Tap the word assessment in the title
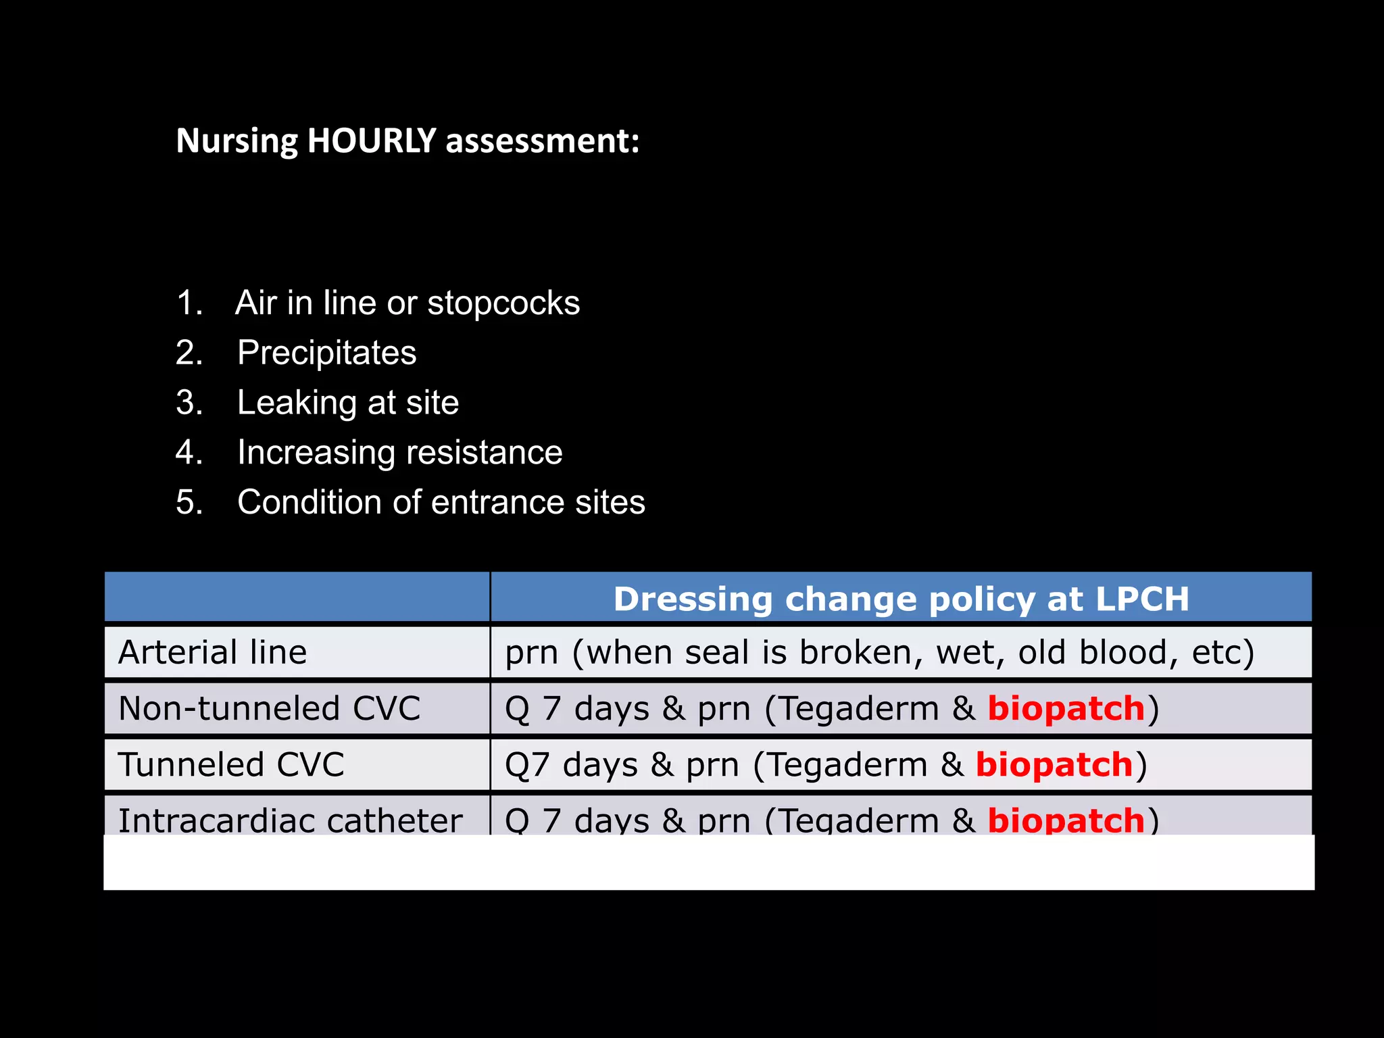(542, 141)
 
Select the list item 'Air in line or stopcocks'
(407, 303)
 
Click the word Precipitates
(327, 353)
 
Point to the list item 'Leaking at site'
(348, 403)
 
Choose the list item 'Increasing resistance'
(399, 452)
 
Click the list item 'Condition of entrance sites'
(441, 502)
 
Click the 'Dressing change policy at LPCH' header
(901, 599)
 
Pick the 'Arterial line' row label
(212, 653)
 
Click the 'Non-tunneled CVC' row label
(269, 709)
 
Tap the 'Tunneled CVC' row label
(231, 765)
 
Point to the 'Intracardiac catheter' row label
(291, 820)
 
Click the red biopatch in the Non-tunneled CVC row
(1066, 709)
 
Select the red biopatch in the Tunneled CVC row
(1054, 765)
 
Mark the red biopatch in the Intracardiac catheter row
(1066, 820)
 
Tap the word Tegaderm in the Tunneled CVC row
(847, 765)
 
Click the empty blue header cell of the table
(297, 597)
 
